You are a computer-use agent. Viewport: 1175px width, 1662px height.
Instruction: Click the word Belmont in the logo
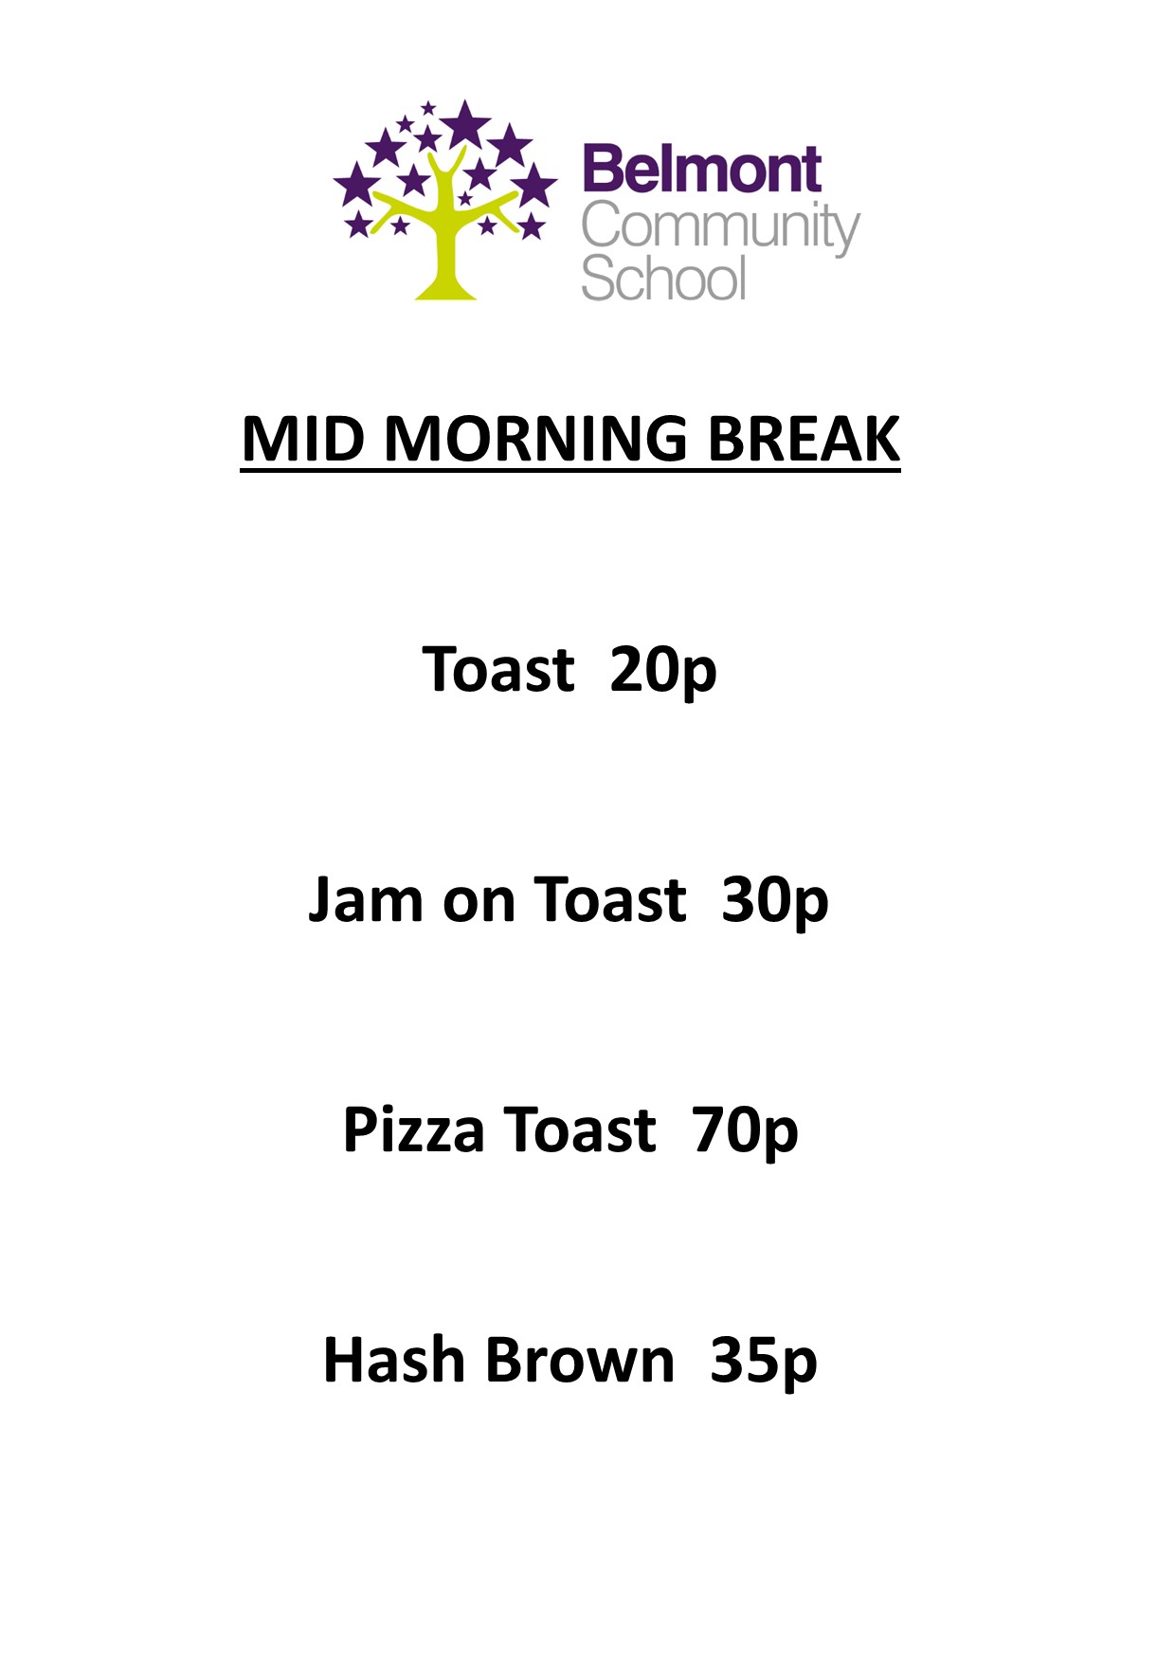[701, 171]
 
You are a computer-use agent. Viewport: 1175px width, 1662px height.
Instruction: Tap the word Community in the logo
[720, 228]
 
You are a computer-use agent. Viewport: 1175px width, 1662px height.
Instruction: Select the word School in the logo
[663, 279]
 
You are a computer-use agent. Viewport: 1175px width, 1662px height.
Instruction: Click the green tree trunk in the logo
[445, 256]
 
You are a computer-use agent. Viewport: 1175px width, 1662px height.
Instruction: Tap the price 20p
[663, 671]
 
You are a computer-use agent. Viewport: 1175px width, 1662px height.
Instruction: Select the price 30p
[775, 900]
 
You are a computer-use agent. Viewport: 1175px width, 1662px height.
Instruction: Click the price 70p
[745, 1130]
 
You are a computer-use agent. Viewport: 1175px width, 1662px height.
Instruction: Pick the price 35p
[764, 1361]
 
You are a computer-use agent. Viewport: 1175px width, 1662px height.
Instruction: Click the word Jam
[366, 900]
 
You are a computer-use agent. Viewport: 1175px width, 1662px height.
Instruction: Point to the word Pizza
[413, 1130]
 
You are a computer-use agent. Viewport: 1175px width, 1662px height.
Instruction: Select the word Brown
[580, 1361]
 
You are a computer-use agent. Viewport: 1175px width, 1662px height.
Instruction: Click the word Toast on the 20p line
[498, 671]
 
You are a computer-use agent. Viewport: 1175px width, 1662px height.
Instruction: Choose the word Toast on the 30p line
[610, 900]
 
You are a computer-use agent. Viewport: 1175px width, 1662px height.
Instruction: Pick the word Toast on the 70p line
[579, 1130]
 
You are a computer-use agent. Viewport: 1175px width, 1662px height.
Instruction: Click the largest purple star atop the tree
[464, 124]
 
